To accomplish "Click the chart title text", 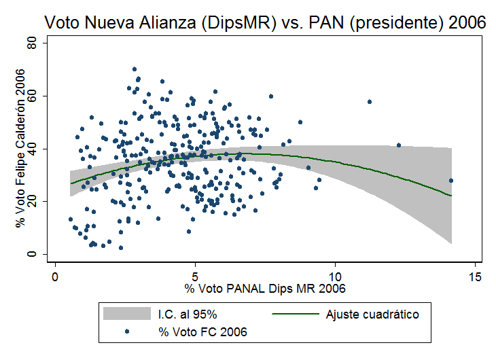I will point(265,22).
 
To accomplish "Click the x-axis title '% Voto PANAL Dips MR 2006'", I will point(265,289).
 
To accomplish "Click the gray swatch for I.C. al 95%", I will point(126,314).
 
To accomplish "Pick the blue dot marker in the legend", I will point(126,332).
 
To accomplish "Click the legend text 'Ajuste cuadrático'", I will point(372,314).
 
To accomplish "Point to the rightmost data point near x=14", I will point(450,180).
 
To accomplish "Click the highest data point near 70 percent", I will point(135,69).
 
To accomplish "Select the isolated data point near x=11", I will point(370,102).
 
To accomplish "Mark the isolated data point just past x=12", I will point(399,145).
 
